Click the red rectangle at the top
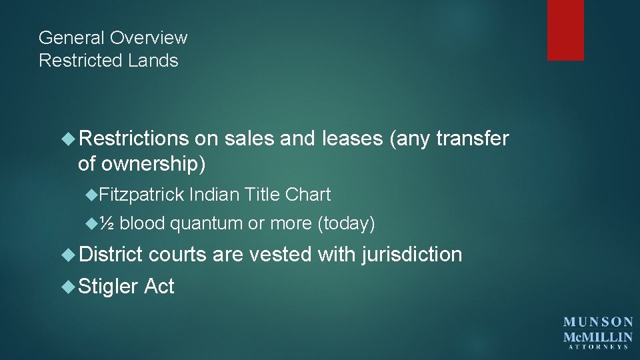click(565, 30)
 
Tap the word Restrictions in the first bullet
click(133, 139)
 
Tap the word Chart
click(308, 195)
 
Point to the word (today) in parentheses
click(346, 224)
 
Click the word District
click(110, 254)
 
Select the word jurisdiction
click(412, 254)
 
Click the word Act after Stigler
click(159, 287)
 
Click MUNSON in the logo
click(599, 322)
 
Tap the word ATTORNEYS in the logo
click(599, 347)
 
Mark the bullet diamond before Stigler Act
click(69, 287)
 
